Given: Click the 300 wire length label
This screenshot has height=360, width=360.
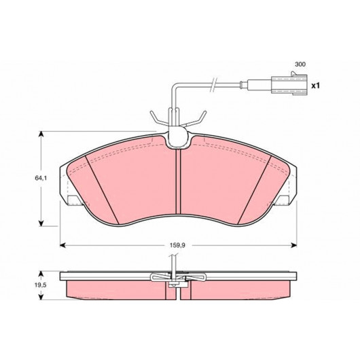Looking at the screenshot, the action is point(300,65).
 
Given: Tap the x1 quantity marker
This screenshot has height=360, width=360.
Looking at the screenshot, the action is point(315,86).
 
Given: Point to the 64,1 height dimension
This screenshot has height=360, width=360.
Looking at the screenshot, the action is point(41,178).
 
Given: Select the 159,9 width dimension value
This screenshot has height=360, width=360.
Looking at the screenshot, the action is point(177,245).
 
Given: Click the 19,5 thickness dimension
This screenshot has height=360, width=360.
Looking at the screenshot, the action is point(41,285).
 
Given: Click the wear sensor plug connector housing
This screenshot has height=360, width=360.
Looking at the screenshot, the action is point(289,85).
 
